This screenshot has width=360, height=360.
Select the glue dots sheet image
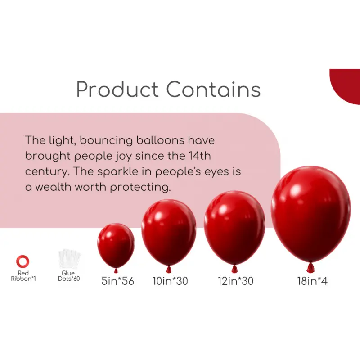pyautogui.click(x=69, y=260)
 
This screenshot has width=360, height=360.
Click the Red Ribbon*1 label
pyautogui.click(x=23, y=276)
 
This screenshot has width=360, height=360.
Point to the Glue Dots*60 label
pyautogui.click(x=69, y=276)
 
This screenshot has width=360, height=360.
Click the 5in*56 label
pyautogui.click(x=117, y=282)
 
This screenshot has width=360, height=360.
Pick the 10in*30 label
pyautogui.click(x=170, y=282)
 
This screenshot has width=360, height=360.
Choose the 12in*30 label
pyautogui.click(x=235, y=282)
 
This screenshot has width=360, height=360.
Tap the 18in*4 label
pyautogui.click(x=312, y=282)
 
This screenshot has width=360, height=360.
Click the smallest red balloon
pyautogui.click(x=116, y=245)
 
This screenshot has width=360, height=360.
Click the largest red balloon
pyautogui.click(x=310, y=214)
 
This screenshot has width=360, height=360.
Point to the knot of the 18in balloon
pyautogui.click(x=310, y=269)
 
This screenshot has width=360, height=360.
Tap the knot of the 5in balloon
pyautogui.click(x=116, y=271)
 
